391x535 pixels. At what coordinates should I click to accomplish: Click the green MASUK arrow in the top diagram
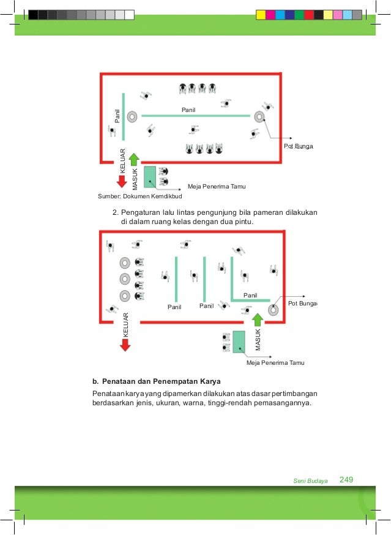tap(135, 161)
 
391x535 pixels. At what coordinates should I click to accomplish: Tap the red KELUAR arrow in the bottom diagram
tap(125, 344)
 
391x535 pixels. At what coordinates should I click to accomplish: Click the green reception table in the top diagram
tap(150, 176)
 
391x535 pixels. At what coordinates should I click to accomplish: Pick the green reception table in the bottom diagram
tap(239, 342)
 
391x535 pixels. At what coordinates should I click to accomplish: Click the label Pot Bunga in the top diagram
tap(299, 148)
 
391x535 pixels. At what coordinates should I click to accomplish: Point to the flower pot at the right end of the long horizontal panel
tap(259, 116)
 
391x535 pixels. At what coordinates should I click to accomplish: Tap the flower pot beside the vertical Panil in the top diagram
tap(133, 116)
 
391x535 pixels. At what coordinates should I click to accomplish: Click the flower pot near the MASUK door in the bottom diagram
tap(273, 310)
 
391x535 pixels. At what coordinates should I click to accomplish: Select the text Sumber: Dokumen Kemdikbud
tap(140, 196)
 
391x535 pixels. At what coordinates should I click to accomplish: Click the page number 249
tap(346, 479)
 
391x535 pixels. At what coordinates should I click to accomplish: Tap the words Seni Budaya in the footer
tap(311, 481)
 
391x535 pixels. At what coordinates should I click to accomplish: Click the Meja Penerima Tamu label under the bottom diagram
tap(275, 363)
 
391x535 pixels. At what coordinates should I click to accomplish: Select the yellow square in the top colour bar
tap(260, 14)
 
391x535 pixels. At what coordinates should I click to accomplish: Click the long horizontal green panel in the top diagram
tap(196, 115)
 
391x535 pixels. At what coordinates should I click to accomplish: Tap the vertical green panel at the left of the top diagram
tap(124, 116)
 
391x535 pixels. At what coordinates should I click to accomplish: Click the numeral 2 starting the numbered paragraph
tap(114, 213)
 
